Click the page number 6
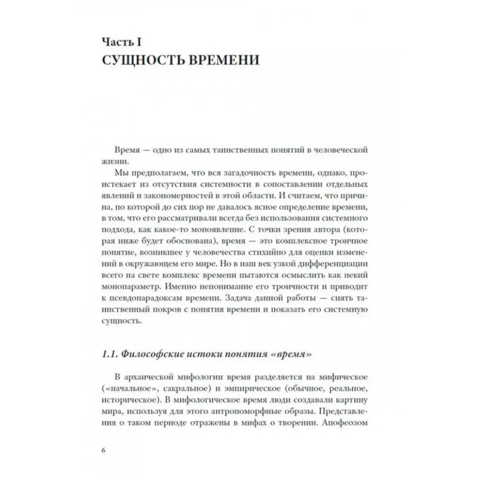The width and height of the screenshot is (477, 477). [103, 449]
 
